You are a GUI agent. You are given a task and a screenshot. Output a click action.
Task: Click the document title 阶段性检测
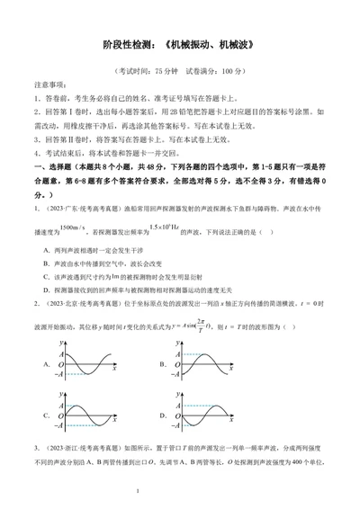[x=130, y=42]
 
